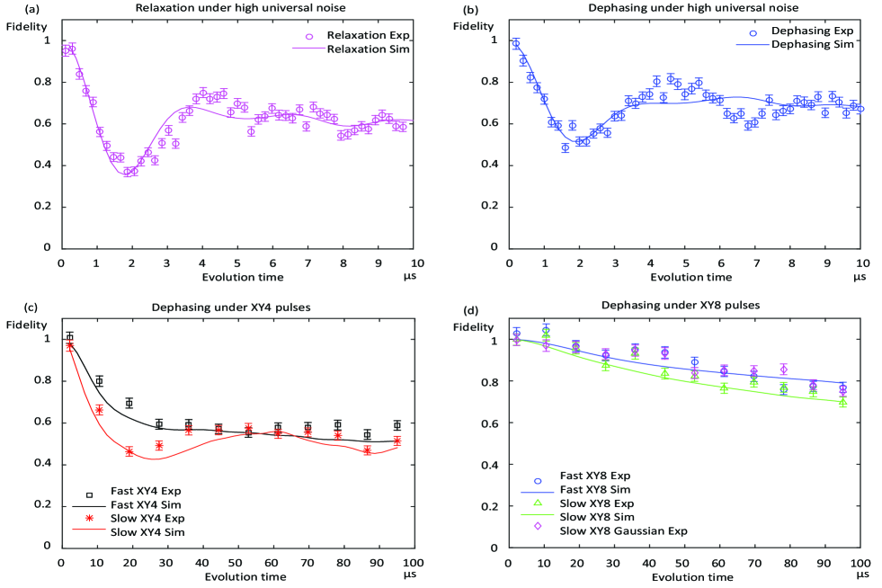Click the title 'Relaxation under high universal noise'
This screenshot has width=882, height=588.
(x=236, y=9)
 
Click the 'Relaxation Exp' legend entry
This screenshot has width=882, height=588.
(x=369, y=36)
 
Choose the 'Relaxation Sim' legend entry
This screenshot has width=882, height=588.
(x=369, y=49)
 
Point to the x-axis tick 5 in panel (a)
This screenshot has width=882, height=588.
(x=237, y=263)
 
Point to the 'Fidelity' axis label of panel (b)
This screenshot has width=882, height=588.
(x=473, y=25)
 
